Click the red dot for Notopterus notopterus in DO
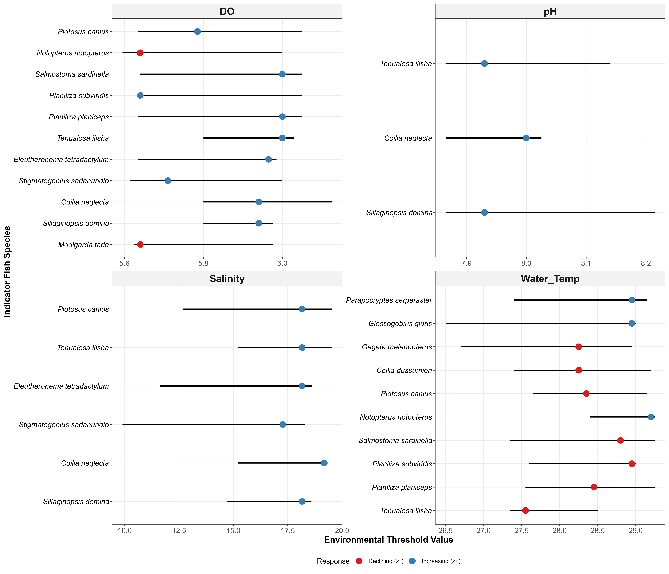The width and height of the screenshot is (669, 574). pyautogui.click(x=140, y=53)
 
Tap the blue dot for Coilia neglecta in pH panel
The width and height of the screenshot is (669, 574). pyautogui.click(x=526, y=138)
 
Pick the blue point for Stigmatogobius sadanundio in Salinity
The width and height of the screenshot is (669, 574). pyautogui.click(x=283, y=424)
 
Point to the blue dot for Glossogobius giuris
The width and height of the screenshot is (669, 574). pyautogui.click(x=632, y=324)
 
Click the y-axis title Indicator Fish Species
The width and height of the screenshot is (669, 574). pyautogui.click(x=7, y=271)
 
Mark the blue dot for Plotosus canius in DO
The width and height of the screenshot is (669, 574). pyautogui.click(x=197, y=31)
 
